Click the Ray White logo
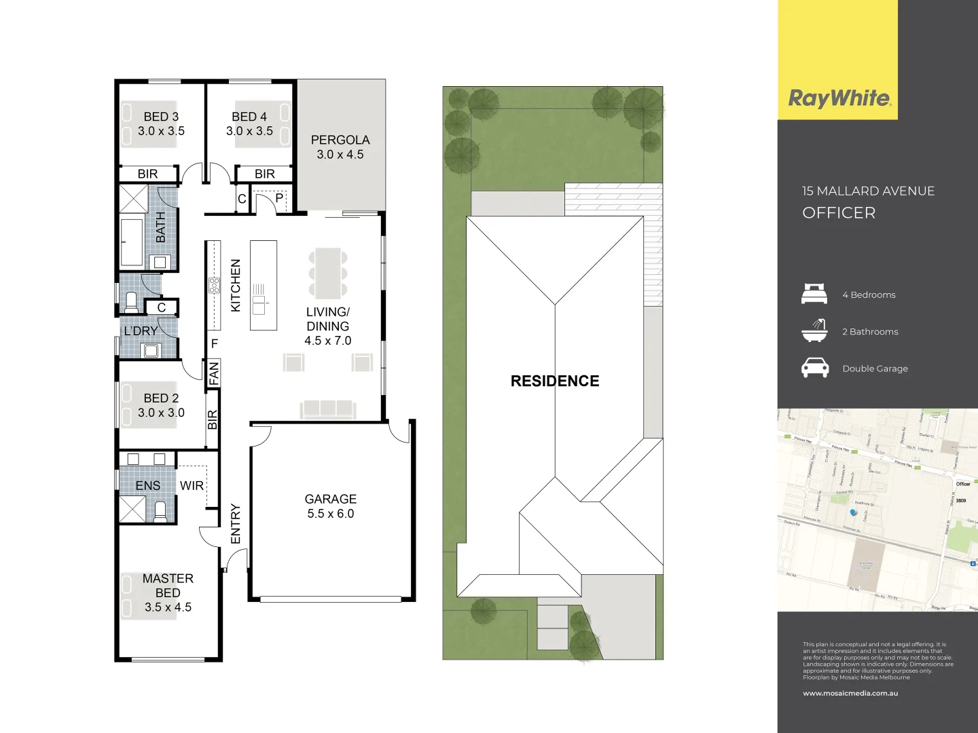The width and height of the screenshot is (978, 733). (x=839, y=98)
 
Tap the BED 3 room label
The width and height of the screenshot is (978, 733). (x=161, y=124)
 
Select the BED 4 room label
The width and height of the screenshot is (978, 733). (x=249, y=124)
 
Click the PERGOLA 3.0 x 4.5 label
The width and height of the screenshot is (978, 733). (x=340, y=147)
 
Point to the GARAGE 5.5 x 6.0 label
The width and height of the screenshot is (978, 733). (x=330, y=506)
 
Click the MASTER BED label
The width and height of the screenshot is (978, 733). (x=168, y=593)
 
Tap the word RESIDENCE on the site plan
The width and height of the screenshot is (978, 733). (x=555, y=381)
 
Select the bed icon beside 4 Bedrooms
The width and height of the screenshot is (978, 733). (x=814, y=295)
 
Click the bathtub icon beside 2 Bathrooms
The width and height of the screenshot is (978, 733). (x=814, y=331)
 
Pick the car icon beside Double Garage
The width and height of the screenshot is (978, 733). (x=815, y=368)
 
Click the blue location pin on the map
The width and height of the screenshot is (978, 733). (x=854, y=513)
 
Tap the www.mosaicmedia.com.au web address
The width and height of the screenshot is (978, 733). (x=850, y=694)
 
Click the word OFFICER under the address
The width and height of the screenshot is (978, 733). (x=839, y=213)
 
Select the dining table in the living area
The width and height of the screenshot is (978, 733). (x=328, y=273)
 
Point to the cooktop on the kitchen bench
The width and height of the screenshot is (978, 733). (x=214, y=286)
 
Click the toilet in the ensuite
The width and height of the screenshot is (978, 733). (x=160, y=511)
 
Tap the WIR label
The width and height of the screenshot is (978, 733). (x=192, y=486)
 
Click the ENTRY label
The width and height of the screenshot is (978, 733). (x=236, y=523)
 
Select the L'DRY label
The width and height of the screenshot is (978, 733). (x=141, y=331)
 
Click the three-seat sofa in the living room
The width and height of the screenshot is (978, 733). (x=328, y=409)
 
